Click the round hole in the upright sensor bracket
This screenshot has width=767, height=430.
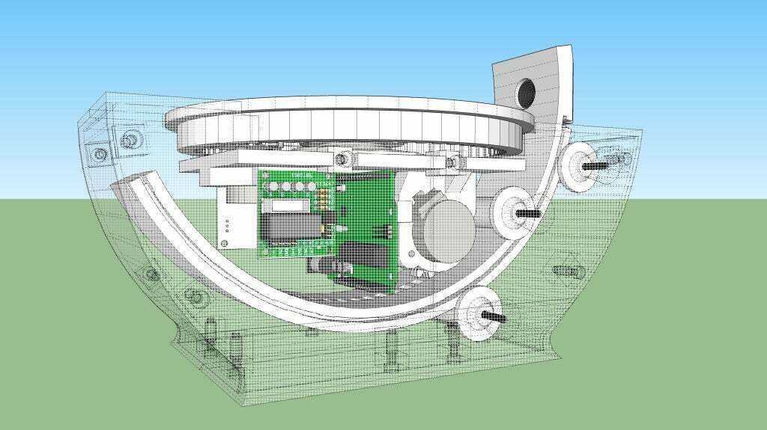(x=528, y=92)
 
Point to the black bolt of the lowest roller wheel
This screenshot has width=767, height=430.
(x=495, y=319)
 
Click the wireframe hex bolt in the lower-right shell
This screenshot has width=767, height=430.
(x=562, y=270)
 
